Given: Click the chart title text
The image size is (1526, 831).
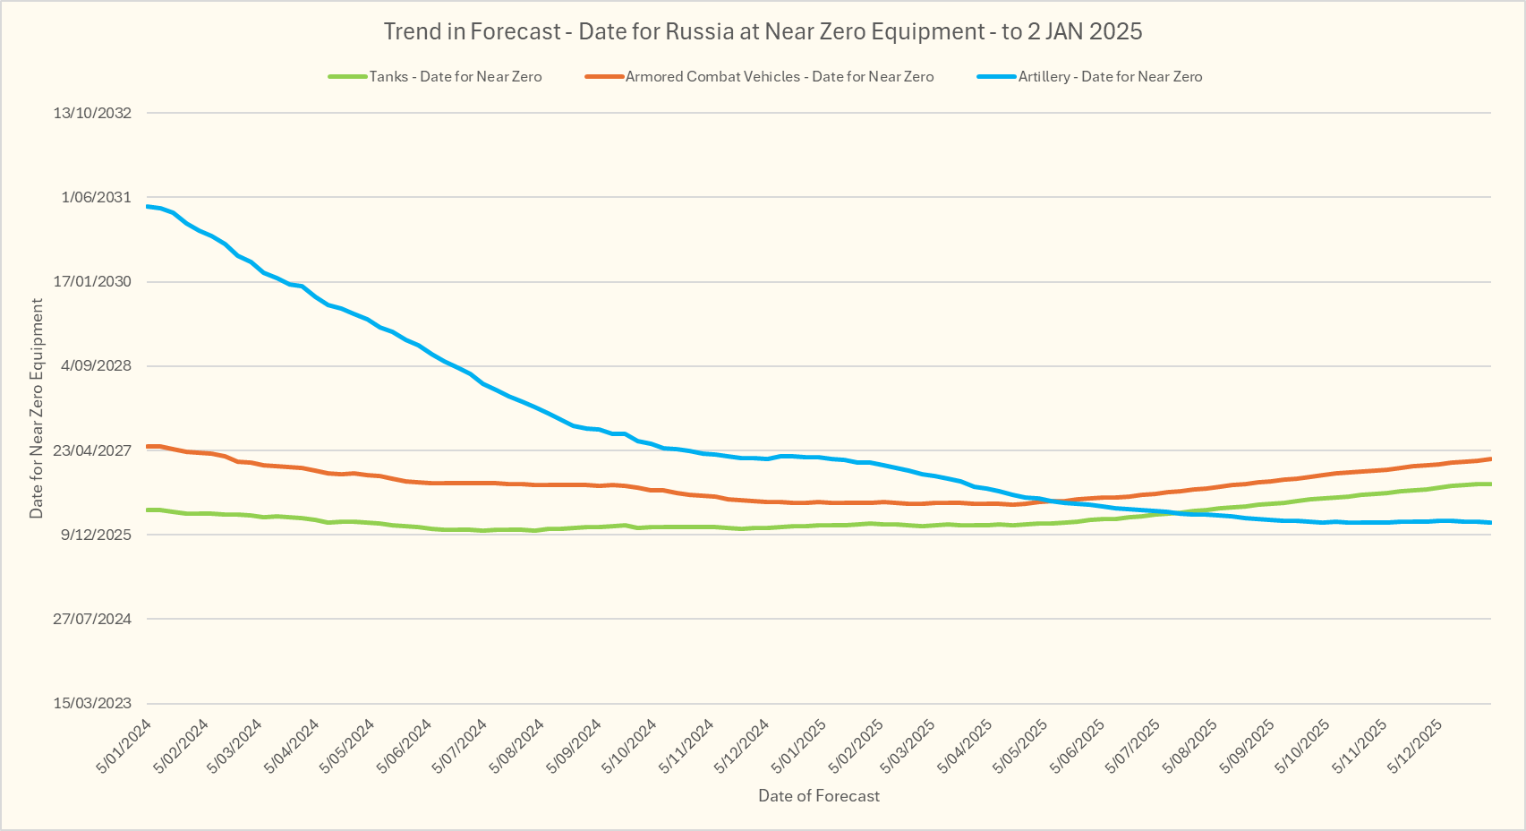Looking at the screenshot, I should [763, 31].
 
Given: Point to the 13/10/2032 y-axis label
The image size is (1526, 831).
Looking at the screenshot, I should [92, 113].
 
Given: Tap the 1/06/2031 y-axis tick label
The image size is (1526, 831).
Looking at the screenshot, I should [96, 197].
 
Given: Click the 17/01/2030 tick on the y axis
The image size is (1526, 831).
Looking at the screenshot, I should [92, 281].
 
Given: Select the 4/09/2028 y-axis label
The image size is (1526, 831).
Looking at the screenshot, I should [96, 365].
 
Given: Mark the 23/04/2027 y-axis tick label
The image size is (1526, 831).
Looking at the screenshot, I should [92, 450].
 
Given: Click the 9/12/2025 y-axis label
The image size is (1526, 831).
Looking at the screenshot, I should [96, 535].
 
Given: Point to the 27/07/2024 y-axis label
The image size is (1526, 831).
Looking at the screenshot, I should [92, 619].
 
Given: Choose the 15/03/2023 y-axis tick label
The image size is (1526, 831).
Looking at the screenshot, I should [92, 703].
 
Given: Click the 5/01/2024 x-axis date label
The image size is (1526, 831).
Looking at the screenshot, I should [125, 745].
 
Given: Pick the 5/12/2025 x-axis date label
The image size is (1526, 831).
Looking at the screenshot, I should [1415, 745].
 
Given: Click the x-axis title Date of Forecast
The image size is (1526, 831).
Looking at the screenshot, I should [819, 796].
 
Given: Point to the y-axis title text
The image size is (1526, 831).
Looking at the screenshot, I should [37, 408].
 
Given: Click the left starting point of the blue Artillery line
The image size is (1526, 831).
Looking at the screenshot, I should [147, 206].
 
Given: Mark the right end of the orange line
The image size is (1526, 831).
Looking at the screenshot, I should [1490, 458].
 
